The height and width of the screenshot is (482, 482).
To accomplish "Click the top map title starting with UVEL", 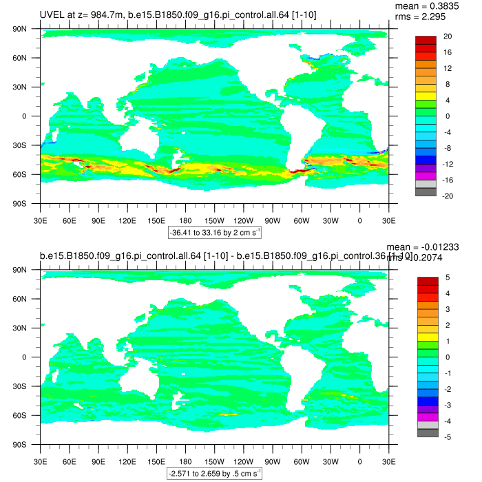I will tap(178, 14).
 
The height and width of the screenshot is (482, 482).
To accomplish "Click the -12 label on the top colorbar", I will tap(448, 164).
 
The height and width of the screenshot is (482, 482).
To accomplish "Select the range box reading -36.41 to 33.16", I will tap(214, 233).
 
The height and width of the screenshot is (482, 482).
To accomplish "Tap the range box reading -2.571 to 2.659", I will tap(214, 474).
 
